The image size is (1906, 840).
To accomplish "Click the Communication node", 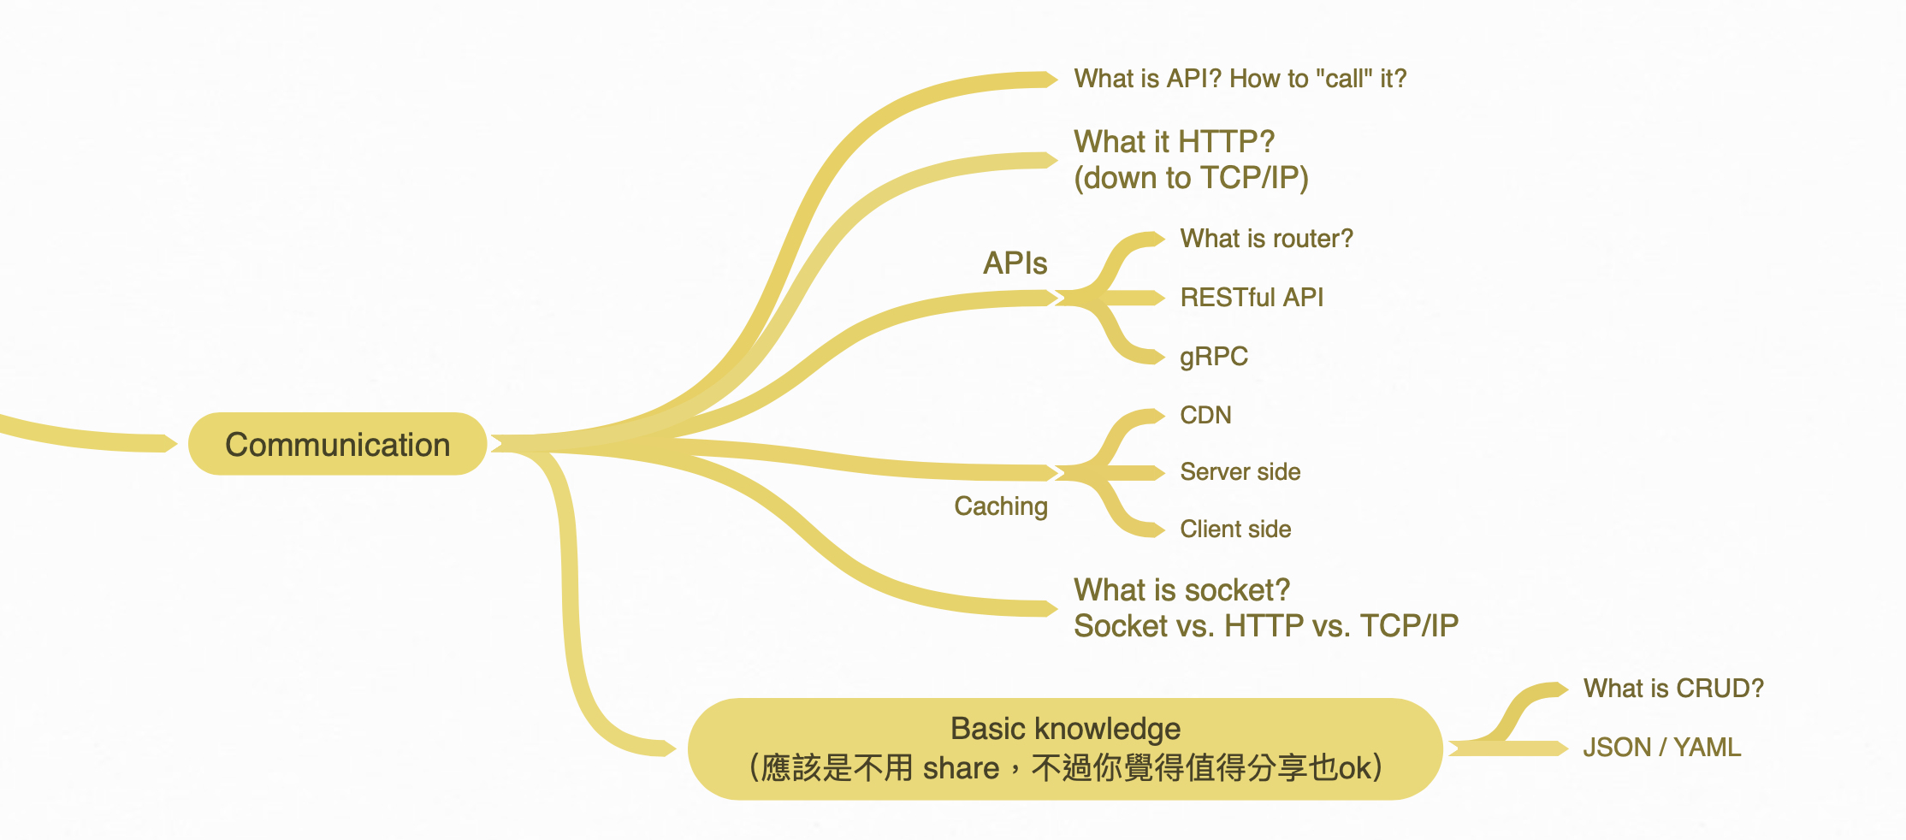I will coord(337,444).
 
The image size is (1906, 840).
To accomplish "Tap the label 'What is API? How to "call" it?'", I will coord(1240,79).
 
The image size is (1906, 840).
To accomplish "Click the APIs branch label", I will coord(1015,263).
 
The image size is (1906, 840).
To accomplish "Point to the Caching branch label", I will coord(1000,506).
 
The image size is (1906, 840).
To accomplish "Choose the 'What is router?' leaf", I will coord(1266,239).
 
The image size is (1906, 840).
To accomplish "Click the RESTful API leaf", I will coord(1252,298).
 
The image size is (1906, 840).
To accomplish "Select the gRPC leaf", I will coord(1213,356).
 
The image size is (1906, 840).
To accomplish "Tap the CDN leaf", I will coord(1205,416).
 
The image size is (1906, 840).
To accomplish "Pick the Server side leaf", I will coord(1240,472).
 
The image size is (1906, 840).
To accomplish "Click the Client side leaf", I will coord(1235,529).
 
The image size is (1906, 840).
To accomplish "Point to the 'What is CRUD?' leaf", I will coord(1673,689).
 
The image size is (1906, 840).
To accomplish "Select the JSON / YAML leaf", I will coord(1661,748).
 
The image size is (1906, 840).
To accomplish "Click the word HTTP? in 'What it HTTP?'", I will coord(1226,141).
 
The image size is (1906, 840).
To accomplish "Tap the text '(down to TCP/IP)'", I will coord(1191,178).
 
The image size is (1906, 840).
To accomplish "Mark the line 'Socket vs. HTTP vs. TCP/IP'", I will coord(1265,626).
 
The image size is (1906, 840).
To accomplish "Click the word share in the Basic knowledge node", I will coord(961,768).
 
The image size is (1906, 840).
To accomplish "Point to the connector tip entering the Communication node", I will coord(171,443).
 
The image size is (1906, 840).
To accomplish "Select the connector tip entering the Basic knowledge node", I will coord(670,748).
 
